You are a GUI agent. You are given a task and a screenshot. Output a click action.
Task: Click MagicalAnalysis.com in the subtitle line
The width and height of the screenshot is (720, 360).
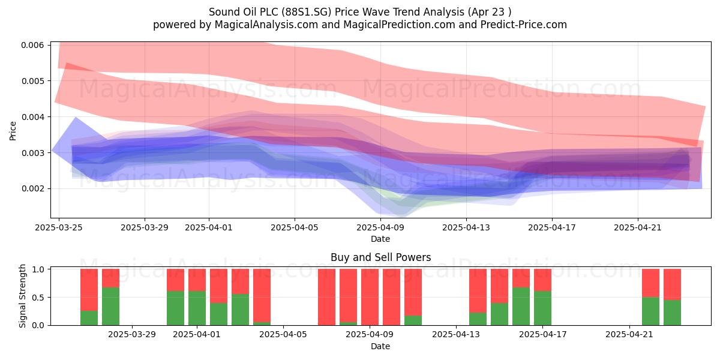click(x=266, y=25)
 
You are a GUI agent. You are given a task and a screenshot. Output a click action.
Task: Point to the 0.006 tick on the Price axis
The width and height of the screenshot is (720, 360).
click(x=32, y=45)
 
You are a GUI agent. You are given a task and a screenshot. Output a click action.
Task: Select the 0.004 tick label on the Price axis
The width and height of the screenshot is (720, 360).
click(x=32, y=117)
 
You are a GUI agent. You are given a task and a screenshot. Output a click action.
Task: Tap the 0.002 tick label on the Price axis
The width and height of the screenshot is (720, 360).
click(x=32, y=188)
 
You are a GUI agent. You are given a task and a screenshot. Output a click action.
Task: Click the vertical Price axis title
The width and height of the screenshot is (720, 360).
click(x=13, y=131)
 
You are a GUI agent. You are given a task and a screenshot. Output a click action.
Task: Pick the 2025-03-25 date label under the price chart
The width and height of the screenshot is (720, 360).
click(x=59, y=227)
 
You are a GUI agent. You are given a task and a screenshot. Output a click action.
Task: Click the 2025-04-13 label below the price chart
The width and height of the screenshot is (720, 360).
click(x=466, y=227)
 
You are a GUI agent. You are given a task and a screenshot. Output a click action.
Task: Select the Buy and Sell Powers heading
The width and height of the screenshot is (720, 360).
click(x=380, y=257)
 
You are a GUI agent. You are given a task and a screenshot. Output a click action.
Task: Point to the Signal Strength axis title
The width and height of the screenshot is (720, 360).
click(x=22, y=296)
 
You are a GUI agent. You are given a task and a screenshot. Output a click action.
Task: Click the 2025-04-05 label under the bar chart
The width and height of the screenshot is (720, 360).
click(x=283, y=335)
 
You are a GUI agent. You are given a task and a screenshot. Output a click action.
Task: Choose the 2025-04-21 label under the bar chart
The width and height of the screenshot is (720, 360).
click(x=629, y=335)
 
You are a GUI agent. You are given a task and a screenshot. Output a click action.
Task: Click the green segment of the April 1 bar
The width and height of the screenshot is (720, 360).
click(x=197, y=308)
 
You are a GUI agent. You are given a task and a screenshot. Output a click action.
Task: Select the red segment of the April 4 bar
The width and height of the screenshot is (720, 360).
click(x=262, y=296)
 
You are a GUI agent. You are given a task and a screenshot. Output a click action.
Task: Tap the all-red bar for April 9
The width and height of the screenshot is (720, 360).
click(x=370, y=297)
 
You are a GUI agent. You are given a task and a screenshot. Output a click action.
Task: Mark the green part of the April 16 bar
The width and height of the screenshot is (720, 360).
click(x=521, y=307)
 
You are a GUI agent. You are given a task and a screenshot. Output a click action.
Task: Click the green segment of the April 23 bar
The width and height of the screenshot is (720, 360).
click(x=672, y=313)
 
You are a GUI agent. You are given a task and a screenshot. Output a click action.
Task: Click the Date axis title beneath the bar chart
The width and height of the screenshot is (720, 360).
click(x=380, y=347)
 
